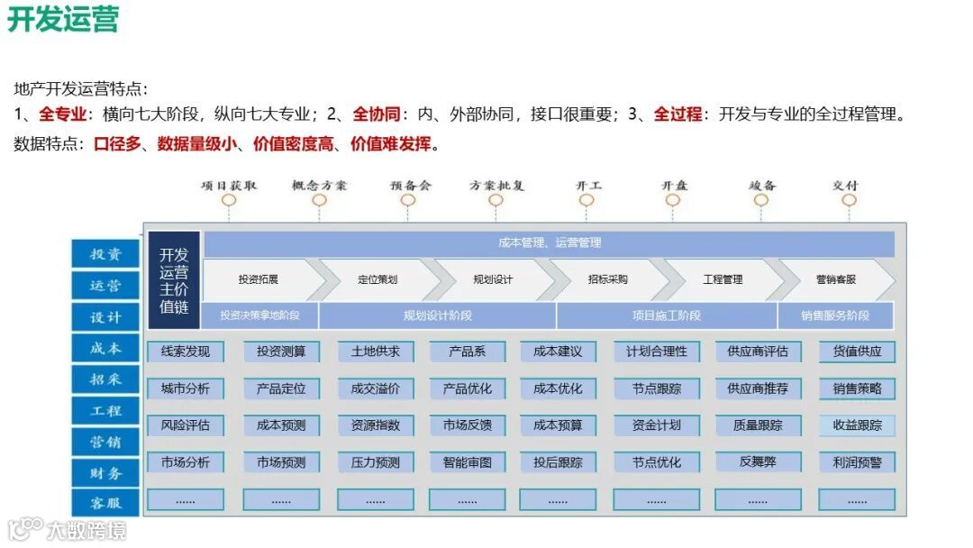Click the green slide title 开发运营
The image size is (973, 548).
pos(63,19)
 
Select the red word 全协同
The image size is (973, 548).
pos(376,114)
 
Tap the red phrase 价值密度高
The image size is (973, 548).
pos(294,143)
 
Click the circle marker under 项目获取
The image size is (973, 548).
pos(229,201)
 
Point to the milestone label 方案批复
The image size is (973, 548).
pos(496,185)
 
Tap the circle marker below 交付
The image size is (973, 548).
pos(848,201)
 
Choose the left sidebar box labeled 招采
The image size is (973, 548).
pos(106,379)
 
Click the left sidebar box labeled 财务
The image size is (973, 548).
pos(106,472)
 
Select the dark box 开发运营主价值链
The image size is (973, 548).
pos(174,279)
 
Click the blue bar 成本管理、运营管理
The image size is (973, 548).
pos(549,242)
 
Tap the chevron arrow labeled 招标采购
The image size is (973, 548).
pos(607,279)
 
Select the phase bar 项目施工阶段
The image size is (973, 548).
pos(666,315)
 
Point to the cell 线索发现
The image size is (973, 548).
pos(186,352)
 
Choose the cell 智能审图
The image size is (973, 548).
pos(467,462)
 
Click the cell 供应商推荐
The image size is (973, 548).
pos(757,388)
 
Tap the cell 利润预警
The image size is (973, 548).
pos(857,462)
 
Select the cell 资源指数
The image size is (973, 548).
pos(375,425)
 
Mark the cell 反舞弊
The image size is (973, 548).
pos(757,461)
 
